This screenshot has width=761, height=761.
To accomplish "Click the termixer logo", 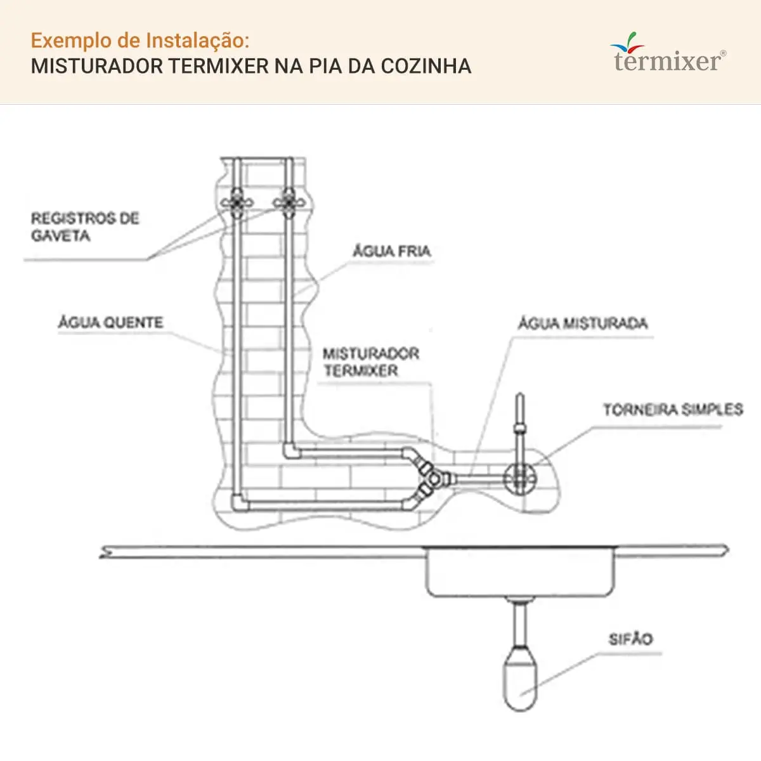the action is coord(668,53).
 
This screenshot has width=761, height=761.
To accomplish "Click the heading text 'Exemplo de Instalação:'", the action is coord(140,41).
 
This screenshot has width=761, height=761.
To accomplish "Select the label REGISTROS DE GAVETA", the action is coord(86,227).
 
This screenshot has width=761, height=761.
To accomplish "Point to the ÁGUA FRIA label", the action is coord(392,250).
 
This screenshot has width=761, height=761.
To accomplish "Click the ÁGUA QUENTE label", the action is coord(110,322).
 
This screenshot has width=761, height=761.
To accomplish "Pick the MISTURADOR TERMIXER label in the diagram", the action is coord(371,361).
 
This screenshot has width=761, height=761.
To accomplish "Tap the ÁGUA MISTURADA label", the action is coord(583,323).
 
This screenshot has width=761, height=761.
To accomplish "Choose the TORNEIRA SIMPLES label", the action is coord(673,410).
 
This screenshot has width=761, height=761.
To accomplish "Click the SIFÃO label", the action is coord(630,639).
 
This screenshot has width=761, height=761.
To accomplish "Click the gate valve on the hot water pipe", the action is coord(237,203).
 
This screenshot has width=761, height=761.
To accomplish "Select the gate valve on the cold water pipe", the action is coord(289,203).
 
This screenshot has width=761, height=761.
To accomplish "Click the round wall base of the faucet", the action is coord(520,479).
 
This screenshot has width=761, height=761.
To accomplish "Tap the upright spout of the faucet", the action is coord(520,429).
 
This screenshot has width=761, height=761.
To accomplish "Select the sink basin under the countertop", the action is coord(520,572).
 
